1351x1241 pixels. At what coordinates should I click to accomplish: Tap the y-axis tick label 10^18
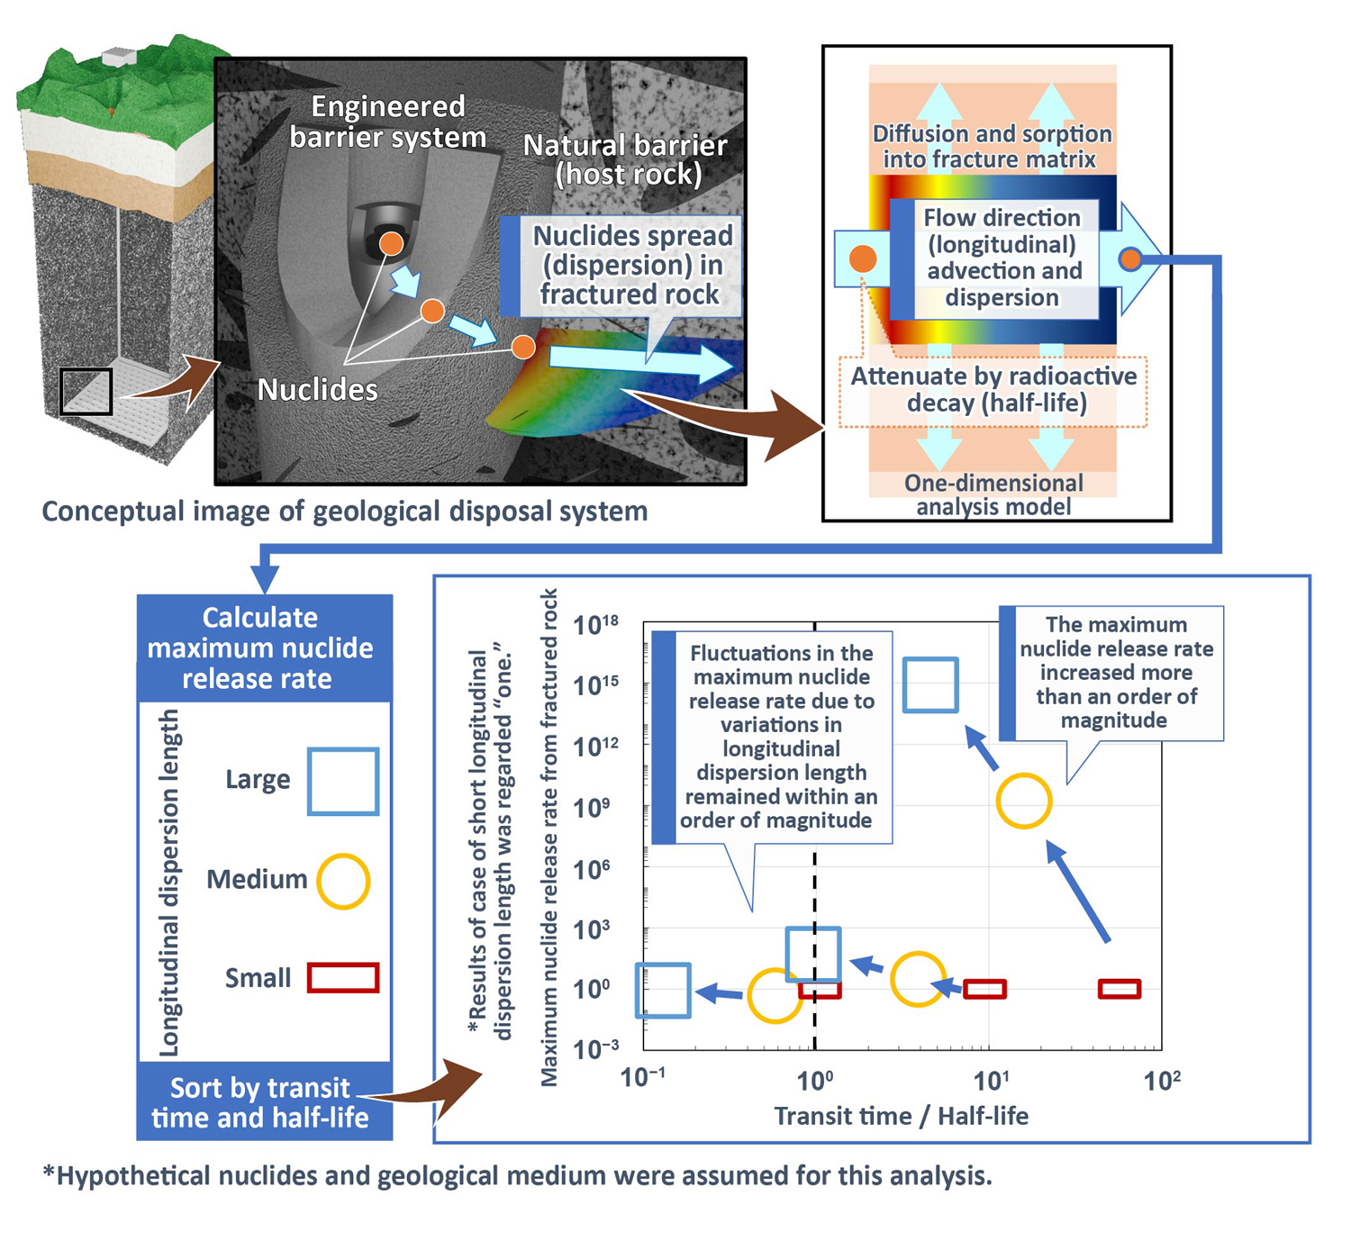tap(596, 624)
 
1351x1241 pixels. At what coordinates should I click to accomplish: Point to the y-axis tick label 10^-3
tap(596, 1049)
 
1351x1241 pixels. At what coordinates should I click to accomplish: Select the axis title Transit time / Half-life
tap(901, 1117)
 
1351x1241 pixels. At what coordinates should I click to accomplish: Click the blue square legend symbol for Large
tap(342, 781)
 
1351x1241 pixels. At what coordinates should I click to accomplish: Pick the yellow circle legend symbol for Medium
tap(343, 881)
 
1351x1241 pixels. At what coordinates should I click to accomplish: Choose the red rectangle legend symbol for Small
tap(343, 978)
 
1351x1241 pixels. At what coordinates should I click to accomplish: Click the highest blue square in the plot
tap(930, 685)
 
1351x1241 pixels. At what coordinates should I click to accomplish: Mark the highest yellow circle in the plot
tap(1024, 801)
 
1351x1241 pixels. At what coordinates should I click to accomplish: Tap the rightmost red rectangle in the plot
tap(1120, 989)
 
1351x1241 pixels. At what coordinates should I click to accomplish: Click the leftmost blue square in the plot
tap(664, 991)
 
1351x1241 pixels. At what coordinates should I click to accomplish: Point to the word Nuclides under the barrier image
tap(317, 390)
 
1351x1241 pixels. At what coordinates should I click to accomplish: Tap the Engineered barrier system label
tap(388, 122)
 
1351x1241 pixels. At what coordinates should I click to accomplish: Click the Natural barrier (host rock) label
tap(626, 159)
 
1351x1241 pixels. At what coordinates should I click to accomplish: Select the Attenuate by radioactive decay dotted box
tap(993, 390)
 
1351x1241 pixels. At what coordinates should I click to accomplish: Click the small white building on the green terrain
tap(119, 57)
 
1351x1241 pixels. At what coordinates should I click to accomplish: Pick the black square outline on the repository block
tap(86, 391)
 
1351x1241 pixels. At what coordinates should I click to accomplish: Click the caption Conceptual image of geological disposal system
tap(345, 512)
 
